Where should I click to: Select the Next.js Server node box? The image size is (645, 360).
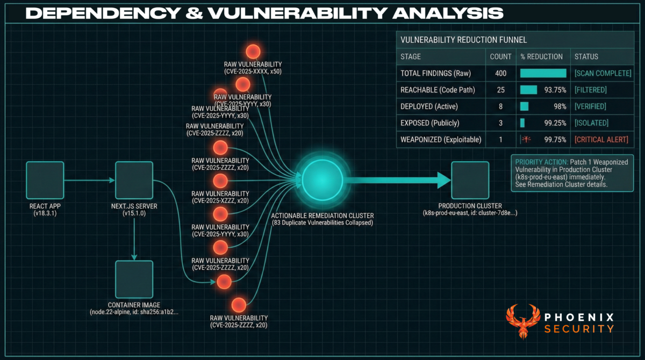[134, 181]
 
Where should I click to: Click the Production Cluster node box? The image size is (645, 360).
[470, 181]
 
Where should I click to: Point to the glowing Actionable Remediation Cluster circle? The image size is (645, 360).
[322, 181]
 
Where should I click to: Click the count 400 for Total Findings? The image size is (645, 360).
[500, 73]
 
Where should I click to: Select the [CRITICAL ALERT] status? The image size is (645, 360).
[601, 140]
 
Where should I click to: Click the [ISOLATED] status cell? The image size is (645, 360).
[591, 123]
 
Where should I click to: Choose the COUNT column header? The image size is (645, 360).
[500, 56]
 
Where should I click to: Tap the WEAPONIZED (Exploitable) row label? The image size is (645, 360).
[441, 140]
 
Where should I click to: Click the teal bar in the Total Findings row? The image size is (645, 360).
[543, 73]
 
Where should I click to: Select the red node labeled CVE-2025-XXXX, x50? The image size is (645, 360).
[253, 52]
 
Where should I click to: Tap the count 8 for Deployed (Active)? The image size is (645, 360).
[500, 106]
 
